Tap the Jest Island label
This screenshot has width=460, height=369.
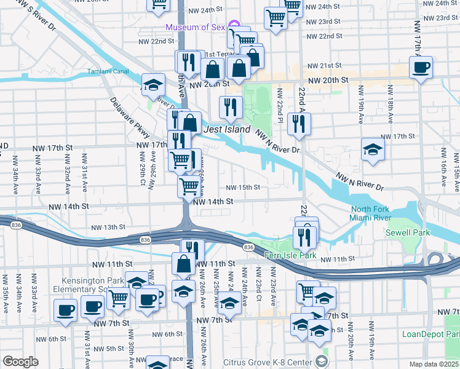228,130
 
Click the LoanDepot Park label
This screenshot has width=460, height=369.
430,334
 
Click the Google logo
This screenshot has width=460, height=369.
20,361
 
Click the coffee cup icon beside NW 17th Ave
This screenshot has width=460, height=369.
421,68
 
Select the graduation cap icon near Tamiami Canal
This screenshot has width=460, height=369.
153,86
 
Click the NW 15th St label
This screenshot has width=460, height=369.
243,188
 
